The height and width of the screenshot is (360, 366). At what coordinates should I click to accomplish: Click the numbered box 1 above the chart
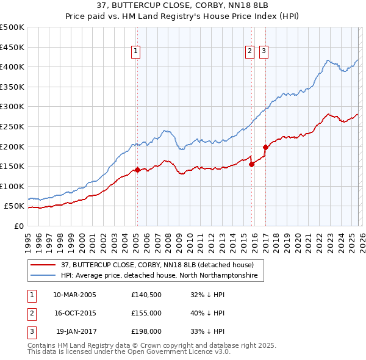coord(135,51)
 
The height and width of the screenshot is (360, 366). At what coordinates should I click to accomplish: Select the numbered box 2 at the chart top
coord(250,51)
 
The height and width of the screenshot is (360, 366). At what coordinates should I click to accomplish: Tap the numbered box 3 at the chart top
coord(264,51)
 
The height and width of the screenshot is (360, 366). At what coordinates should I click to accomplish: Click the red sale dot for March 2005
coord(137,170)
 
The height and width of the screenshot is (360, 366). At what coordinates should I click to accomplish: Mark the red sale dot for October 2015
coord(252,164)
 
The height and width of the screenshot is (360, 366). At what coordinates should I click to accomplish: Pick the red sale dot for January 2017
coord(265,147)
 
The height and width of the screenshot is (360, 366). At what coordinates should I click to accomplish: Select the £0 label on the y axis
coord(18,226)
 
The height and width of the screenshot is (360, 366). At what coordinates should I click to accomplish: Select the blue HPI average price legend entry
coord(159,276)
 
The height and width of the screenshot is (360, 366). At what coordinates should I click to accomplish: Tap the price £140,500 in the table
coord(146,295)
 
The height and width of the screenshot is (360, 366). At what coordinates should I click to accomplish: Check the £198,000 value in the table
coord(146,331)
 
